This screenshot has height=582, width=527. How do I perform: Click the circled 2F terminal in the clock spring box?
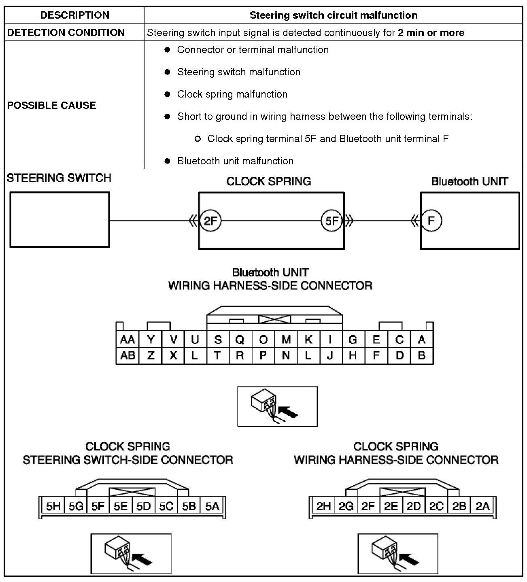[210, 221]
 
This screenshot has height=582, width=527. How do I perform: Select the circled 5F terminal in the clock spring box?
[331, 221]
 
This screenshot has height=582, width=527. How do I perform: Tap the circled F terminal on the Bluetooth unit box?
[431, 221]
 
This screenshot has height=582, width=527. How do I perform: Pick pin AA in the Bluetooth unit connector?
[127, 339]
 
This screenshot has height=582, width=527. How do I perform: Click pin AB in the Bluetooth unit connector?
[127, 355]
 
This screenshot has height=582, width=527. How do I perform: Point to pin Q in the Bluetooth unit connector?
[240, 339]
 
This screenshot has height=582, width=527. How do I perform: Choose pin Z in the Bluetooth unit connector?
[151, 355]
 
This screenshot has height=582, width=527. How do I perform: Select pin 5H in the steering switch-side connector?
[53, 506]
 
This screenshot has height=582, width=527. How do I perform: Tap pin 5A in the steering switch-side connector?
[212, 506]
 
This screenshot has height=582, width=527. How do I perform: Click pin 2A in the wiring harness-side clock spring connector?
[482, 506]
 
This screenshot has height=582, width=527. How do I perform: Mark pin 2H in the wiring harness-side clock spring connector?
[323, 506]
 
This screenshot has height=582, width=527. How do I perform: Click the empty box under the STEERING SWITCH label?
[59, 219]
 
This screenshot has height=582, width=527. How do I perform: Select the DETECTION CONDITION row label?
[66, 32]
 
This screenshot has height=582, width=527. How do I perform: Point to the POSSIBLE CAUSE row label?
[52, 105]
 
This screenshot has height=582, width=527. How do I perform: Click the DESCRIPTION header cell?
[75, 15]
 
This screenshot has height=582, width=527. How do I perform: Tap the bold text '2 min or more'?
[431, 32]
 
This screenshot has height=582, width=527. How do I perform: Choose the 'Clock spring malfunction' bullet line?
[232, 94]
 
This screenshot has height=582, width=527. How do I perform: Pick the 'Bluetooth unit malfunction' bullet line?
[235, 161]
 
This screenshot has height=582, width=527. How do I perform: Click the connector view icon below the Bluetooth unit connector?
[277, 406]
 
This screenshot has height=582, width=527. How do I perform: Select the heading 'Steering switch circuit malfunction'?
[334, 15]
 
